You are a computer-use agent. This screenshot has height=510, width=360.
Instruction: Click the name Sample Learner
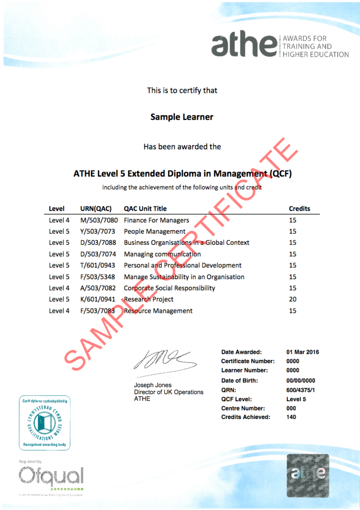pos(182,117)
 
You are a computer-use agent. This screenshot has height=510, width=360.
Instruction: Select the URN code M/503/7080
pos(99,220)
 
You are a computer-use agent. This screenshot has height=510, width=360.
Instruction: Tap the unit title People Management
pos(155,231)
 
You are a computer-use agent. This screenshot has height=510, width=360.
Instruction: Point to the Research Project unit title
pos(149,299)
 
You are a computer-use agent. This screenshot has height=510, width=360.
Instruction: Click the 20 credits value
pos(292,299)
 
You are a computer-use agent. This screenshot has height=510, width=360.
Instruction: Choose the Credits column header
pos(299,208)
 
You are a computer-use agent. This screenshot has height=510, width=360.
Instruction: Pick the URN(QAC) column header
pos(96,208)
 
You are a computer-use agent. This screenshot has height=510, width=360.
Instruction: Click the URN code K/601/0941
pos(99,299)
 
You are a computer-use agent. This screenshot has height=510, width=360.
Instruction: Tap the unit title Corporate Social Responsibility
pos(169,288)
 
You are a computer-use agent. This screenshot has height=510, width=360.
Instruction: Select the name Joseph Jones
pos(153,385)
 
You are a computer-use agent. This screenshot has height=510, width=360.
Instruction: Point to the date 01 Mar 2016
pos(302,352)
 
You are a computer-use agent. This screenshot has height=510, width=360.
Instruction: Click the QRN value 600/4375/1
pos(300,390)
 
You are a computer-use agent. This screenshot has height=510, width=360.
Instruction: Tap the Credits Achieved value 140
pos(291,417)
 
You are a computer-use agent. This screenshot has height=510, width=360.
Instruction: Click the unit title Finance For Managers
pos(156,220)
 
